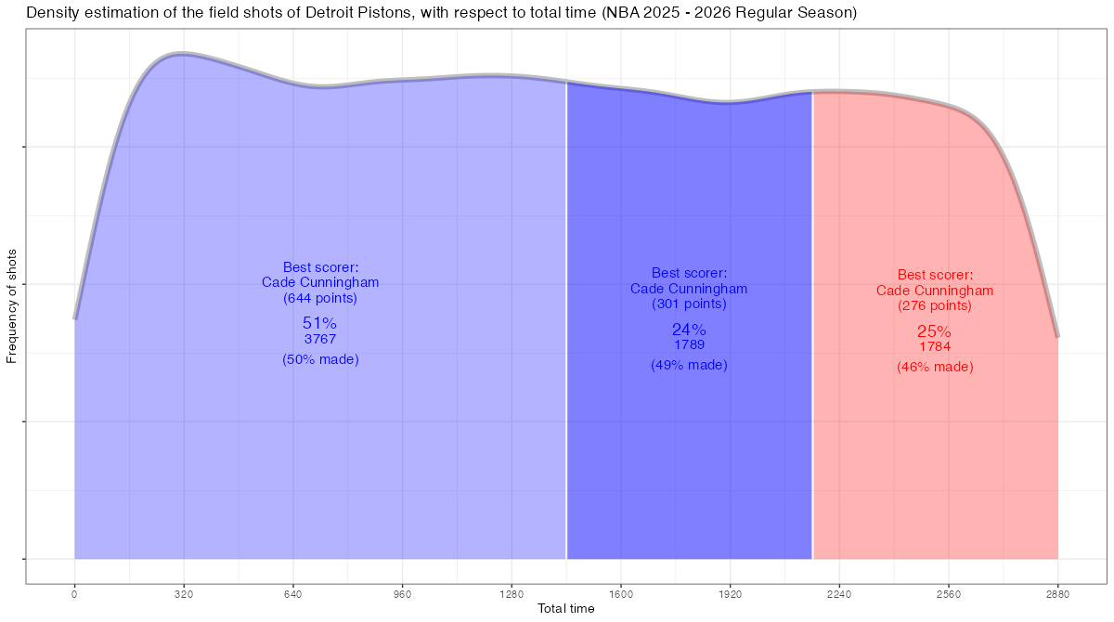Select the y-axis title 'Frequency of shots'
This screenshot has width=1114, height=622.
coord(11,305)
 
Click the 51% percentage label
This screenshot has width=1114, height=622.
coord(319,323)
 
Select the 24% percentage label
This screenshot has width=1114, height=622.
coord(689,330)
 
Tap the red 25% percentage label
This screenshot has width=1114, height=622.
coord(934,331)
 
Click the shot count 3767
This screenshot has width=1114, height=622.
coord(319,339)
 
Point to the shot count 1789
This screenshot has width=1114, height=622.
coord(689,344)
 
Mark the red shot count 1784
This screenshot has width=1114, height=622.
coord(934,346)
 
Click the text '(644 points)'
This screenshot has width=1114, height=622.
coord(319,299)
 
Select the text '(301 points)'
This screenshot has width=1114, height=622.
coord(689,304)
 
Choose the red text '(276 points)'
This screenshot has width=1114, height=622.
coord(934,305)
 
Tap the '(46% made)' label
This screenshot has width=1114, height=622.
coord(934,367)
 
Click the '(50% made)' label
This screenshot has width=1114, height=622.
coord(319,359)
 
